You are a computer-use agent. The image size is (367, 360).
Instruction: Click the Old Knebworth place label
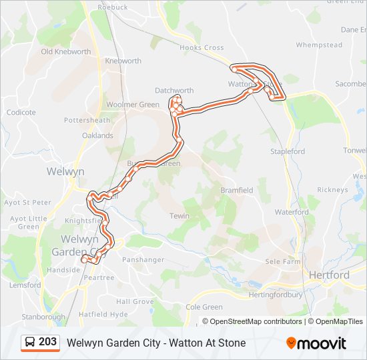click(x=65, y=51)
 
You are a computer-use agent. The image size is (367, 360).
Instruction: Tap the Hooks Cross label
click(x=202, y=48)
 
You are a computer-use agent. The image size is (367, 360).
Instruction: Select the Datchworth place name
click(x=174, y=91)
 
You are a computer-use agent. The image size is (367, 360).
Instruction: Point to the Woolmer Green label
click(x=132, y=105)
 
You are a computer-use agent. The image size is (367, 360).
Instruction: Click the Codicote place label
click(x=21, y=113)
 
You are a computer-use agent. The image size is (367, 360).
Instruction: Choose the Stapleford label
click(x=288, y=152)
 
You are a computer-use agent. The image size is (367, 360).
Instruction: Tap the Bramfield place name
click(x=237, y=190)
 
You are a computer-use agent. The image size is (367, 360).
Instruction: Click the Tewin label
click(x=179, y=216)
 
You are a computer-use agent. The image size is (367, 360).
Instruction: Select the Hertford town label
click(x=328, y=275)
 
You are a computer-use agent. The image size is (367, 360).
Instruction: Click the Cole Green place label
click(x=204, y=307)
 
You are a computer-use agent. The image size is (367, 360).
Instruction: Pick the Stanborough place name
click(x=43, y=317)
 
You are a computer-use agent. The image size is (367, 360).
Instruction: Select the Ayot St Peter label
click(x=27, y=202)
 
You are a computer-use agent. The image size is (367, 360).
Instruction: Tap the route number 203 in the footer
click(x=48, y=342)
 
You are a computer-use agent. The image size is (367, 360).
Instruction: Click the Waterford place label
click(x=292, y=212)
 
